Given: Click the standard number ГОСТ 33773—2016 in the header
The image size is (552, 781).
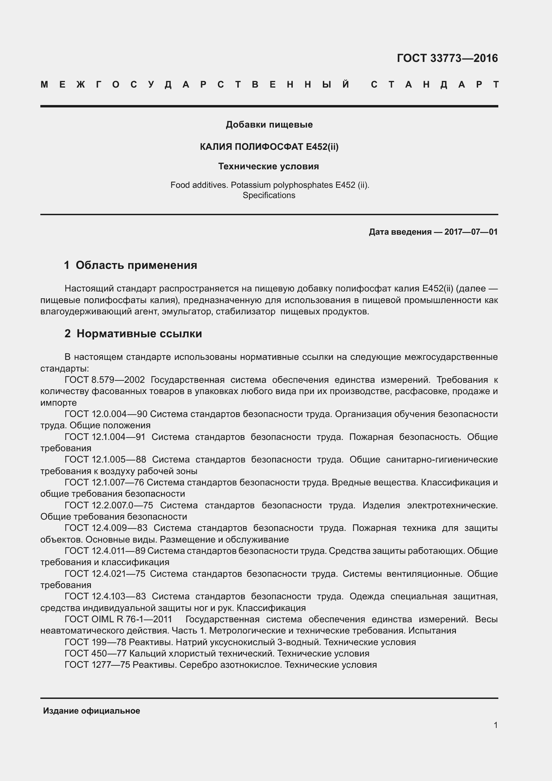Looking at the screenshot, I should (x=447, y=58).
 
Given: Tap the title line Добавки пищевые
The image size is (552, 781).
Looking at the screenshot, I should (x=269, y=125).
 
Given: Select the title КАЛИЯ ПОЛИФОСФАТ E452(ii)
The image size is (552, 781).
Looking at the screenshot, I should (x=269, y=147).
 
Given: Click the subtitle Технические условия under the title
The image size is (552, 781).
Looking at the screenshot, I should (x=269, y=167).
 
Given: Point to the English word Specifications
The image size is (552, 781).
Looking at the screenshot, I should (x=269, y=195).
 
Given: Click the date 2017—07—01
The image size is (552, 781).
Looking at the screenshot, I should (x=471, y=232).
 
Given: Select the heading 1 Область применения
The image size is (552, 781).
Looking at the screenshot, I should (x=131, y=265).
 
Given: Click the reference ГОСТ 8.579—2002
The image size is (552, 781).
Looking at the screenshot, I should (x=105, y=380).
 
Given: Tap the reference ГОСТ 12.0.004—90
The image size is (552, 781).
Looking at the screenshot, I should (x=106, y=414).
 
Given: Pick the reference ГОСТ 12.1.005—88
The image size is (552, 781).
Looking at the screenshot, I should (x=105, y=459).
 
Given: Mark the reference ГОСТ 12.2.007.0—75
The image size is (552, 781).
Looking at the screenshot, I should (x=109, y=505).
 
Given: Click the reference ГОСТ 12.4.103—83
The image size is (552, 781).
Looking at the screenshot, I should (x=105, y=596).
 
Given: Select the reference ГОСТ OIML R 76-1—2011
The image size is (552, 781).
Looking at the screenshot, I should (x=118, y=619).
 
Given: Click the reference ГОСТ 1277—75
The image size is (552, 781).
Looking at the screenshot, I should (x=97, y=665).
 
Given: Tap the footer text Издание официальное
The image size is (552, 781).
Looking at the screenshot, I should (x=92, y=711).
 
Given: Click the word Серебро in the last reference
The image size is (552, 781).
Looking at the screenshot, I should (x=198, y=665).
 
